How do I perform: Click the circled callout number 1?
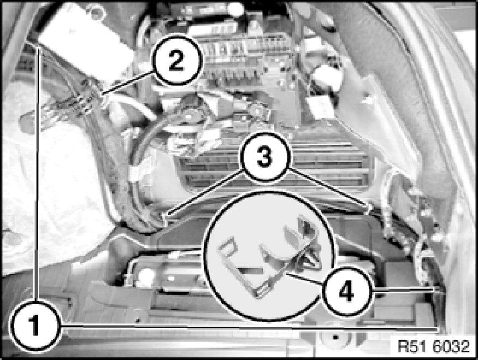(x=35, y=326)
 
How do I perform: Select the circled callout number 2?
(x=176, y=61)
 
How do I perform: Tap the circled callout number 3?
(x=264, y=157)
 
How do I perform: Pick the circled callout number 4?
(x=346, y=292)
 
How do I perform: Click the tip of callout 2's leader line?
(x=101, y=94)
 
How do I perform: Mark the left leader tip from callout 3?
(x=166, y=216)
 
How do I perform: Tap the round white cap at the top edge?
(x=235, y=9)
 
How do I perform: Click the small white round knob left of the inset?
(x=146, y=274)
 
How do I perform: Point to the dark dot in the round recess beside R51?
(x=335, y=338)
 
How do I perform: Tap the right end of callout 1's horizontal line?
(x=438, y=329)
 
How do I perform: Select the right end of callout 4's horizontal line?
(x=436, y=291)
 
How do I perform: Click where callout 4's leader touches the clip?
(x=287, y=274)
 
